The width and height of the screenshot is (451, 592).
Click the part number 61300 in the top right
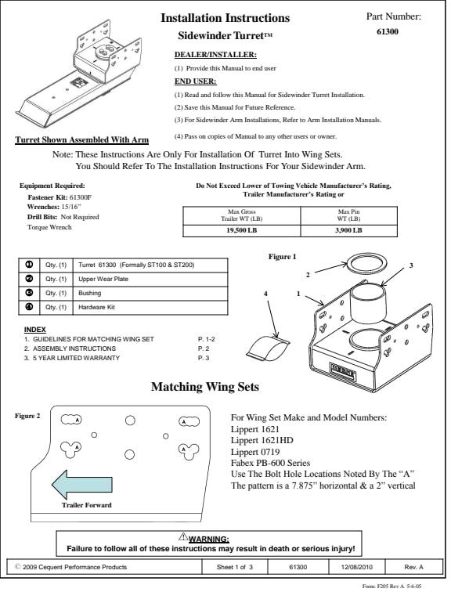click(x=388, y=31)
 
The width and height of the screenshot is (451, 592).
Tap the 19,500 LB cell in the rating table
click(x=241, y=230)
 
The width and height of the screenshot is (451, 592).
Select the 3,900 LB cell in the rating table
click(x=348, y=230)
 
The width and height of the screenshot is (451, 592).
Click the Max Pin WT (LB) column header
click(x=348, y=215)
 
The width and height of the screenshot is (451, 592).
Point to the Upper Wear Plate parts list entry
click(x=103, y=279)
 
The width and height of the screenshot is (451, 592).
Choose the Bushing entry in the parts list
click(x=89, y=293)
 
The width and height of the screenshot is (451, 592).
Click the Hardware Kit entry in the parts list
click(x=96, y=307)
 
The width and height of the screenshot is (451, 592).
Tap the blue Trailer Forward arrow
click(x=82, y=485)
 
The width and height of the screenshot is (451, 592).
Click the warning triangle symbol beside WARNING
click(x=183, y=537)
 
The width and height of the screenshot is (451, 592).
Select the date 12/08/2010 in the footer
click(x=356, y=567)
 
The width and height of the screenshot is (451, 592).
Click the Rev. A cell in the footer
click(x=413, y=567)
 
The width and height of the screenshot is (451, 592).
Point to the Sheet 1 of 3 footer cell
click(x=235, y=567)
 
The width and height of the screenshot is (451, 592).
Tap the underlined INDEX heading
click(x=34, y=330)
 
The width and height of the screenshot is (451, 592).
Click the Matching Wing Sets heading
click(x=205, y=387)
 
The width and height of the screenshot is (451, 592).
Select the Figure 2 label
click(x=27, y=416)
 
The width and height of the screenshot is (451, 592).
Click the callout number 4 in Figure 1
click(x=265, y=294)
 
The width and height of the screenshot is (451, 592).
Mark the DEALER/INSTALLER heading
click(x=215, y=55)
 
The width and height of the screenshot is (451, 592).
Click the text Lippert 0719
click(x=255, y=452)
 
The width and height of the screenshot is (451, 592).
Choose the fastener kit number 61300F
click(x=81, y=197)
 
